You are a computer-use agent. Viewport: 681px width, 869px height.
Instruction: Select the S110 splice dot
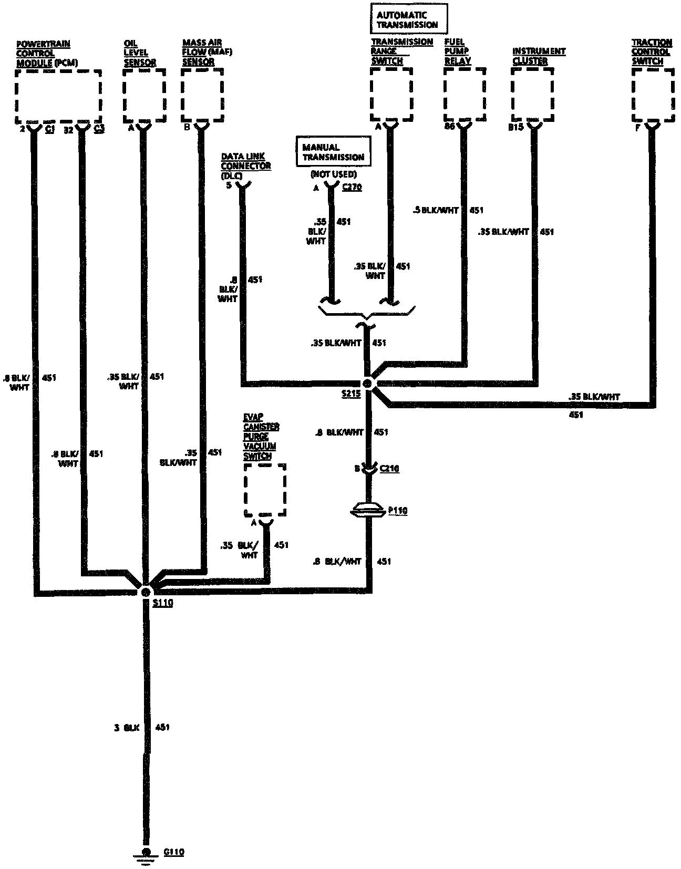click(x=146, y=592)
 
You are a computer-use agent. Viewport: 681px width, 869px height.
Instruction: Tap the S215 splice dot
click(x=368, y=384)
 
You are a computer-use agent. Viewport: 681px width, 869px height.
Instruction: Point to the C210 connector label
click(x=389, y=468)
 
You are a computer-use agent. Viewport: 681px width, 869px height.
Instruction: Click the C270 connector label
click(x=352, y=187)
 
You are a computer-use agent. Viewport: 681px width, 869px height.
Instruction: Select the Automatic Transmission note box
click(x=408, y=19)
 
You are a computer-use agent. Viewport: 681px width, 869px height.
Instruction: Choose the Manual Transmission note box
click(x=333, y=152)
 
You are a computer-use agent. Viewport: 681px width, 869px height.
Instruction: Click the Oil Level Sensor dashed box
click(x=144, y=95)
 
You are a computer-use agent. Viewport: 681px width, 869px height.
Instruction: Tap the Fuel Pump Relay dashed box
click(x=464, y=94)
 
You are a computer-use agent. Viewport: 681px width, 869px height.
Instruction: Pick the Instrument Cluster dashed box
click(x=532, y=95)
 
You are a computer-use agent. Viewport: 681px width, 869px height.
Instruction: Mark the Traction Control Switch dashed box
click(x=653, y=95)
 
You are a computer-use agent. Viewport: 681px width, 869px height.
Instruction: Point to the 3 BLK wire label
click(x=127, y=728)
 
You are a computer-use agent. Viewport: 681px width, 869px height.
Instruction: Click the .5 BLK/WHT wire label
click(x=436, y=210)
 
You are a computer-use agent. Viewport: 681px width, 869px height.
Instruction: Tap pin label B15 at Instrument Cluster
click(x=515, y=127)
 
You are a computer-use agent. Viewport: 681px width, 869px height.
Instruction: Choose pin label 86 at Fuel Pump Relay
click(x=449, y=127)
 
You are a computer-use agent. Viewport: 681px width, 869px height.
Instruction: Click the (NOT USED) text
click(x=333, y=174)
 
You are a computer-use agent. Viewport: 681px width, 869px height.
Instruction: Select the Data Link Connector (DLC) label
click(x=245, y=165)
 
